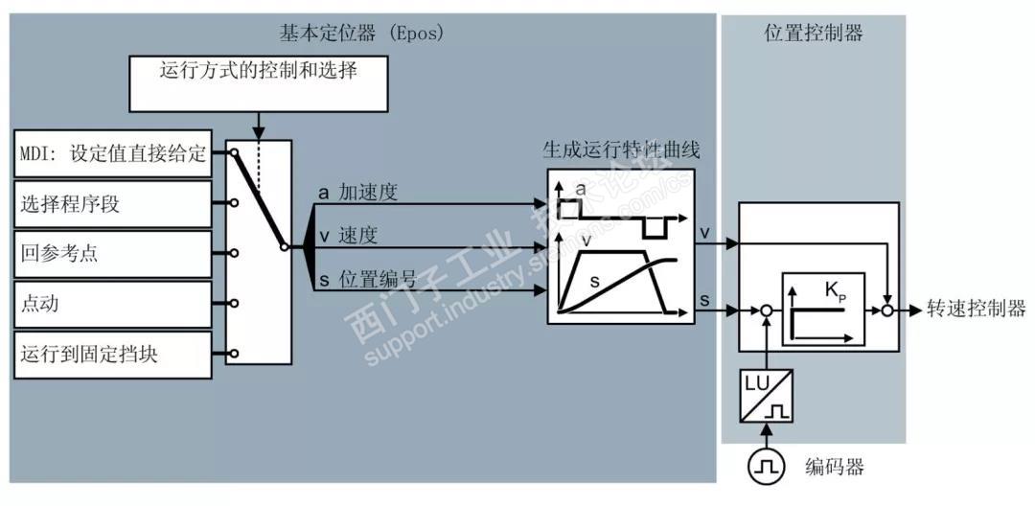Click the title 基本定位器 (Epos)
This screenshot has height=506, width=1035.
(x=361, y=33)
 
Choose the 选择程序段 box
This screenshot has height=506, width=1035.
(x=113, y=204)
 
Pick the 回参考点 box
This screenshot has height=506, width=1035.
(x=113, y=254)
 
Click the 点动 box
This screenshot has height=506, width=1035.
(x=113, y=304)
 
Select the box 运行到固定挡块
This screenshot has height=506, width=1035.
(x=113, y=354)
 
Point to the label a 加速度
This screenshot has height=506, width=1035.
(x=357, y=193)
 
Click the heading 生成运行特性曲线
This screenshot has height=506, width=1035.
(x=622, y=150)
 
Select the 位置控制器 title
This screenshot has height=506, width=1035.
(x=814, y=33)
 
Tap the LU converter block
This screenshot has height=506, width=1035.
(x=766, y=396)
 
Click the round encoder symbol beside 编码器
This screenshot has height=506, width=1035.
(x=766, y=467)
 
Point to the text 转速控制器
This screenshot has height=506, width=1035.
(x=975, y=309)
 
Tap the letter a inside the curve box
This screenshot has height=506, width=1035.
(x=580, y=190)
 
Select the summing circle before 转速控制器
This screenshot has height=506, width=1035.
(x=888, y=310)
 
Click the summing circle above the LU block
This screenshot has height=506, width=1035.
(x=766, y=310)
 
